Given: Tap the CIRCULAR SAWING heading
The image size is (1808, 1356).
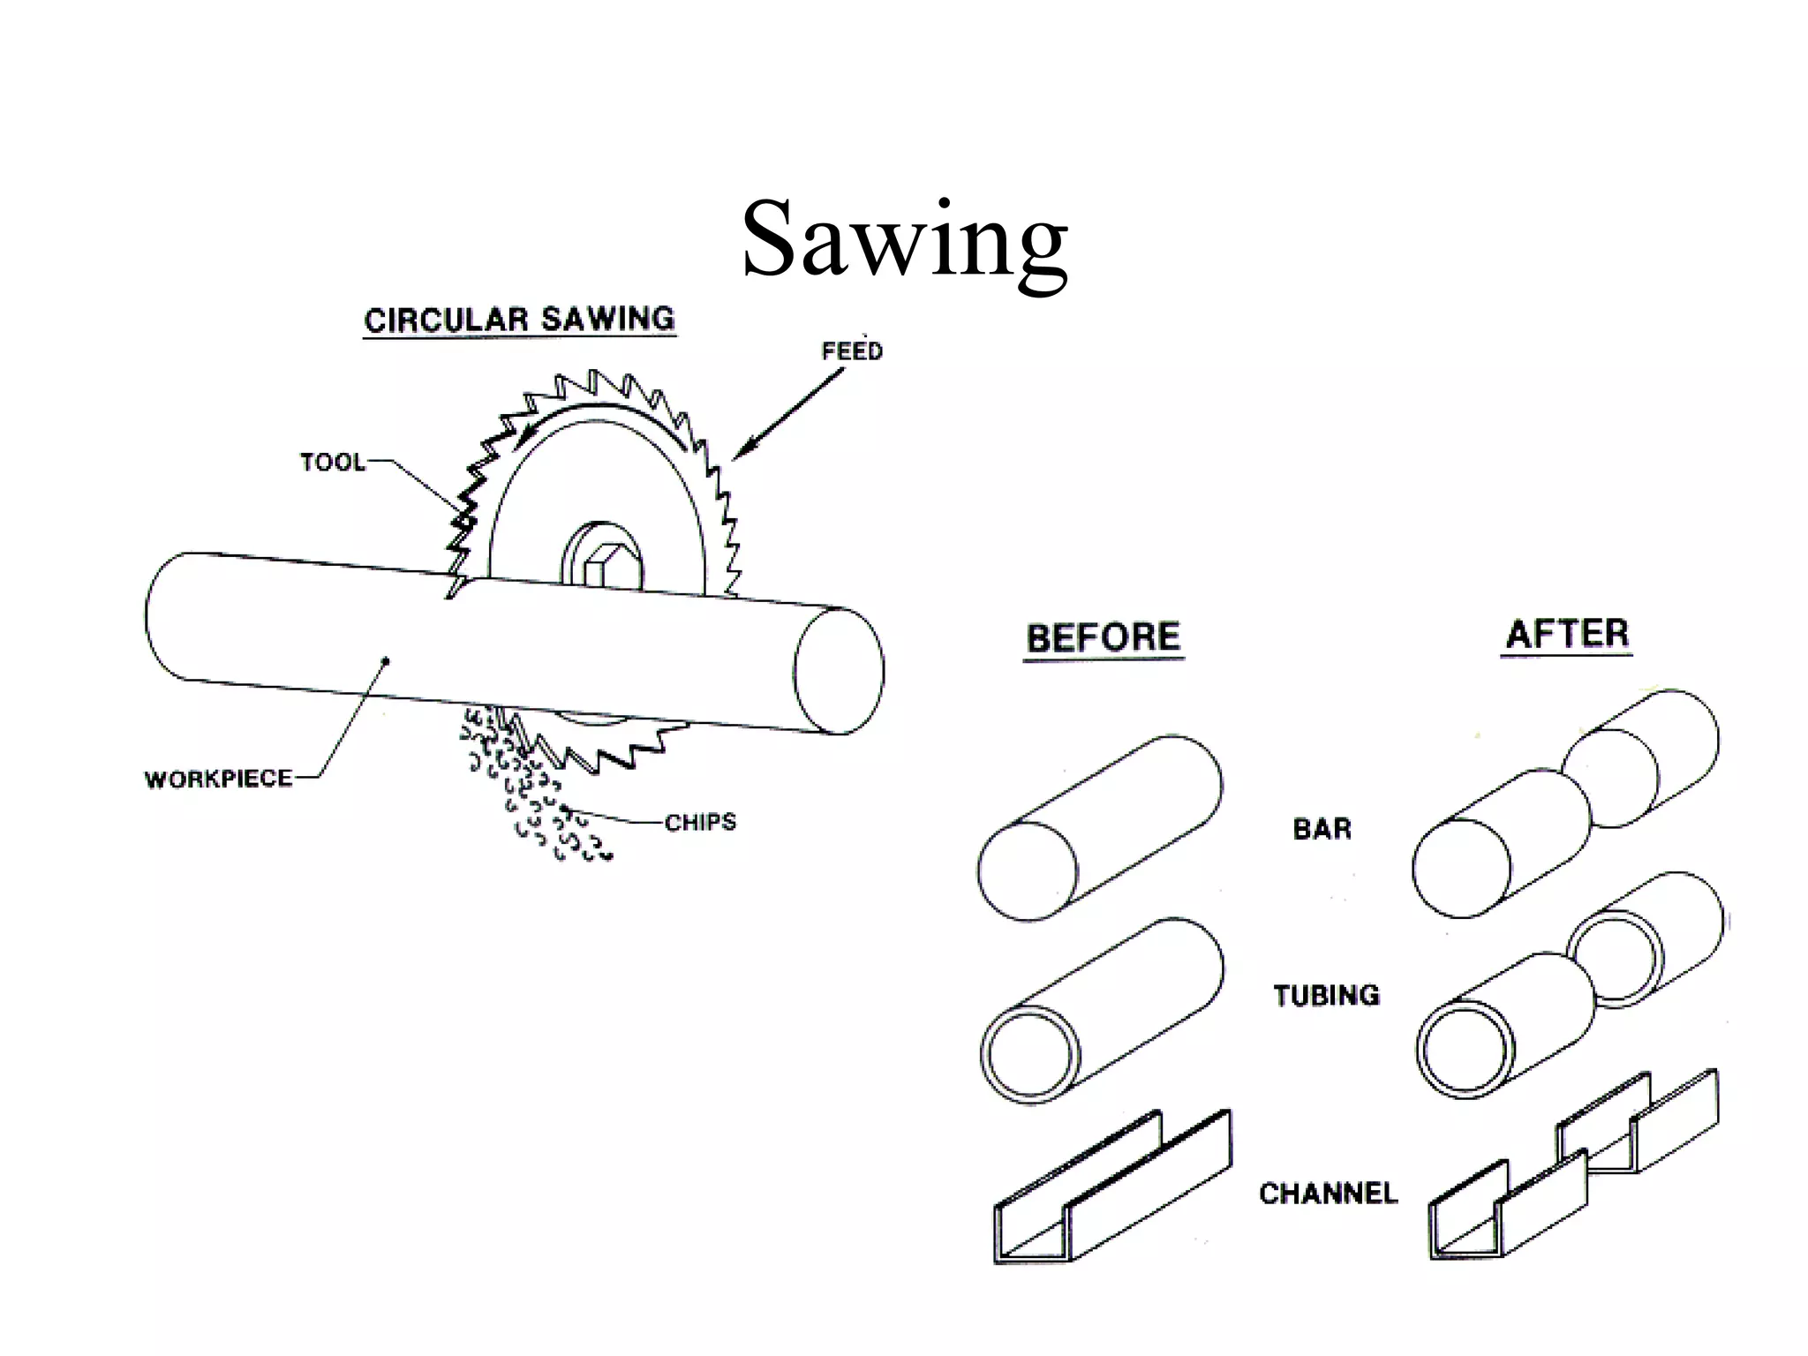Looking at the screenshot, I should (x=520, y=320).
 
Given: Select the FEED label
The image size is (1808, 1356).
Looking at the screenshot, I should (x=852, y=351).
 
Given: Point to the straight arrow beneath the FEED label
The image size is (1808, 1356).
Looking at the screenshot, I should (x=787, y=412).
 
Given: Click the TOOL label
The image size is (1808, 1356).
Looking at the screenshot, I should (x=332, y=463).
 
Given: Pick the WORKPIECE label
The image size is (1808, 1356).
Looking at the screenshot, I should (x=218, y=779).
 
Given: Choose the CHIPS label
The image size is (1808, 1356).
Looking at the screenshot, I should (x=700, y=823).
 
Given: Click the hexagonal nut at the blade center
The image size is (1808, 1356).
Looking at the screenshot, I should (x=601, y=565).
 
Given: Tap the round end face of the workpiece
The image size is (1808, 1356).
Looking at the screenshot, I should (x=838, y=671).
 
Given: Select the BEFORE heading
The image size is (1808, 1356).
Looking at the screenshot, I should (x=1104, y=637).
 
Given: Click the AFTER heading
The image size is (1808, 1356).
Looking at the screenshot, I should (x=1567, y=634).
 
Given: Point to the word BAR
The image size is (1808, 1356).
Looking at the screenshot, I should (x=1322, y=829).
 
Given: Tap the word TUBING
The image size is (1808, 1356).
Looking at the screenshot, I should (x=1326, y=996).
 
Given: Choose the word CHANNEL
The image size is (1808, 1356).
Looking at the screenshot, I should (x=1329, y=1194).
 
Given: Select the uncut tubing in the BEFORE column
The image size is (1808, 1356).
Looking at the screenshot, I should (x=1102, y=1010).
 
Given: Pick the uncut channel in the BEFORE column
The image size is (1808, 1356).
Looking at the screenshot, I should (x=1112, y=1187).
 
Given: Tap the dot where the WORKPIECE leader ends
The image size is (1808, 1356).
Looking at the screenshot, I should (x=385, y=659).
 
